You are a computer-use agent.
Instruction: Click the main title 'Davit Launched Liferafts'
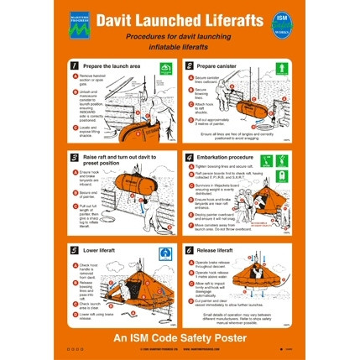click(179, 19)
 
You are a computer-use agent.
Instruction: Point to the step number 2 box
click(189, 65)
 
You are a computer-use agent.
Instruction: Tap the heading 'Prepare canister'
click(217, 65)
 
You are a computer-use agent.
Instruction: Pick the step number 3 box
click(75, 157)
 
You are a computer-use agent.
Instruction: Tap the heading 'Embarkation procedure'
click(224, 156)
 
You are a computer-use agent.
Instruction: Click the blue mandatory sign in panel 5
click(165, 251)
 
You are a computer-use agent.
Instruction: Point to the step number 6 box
click(189, 249)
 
